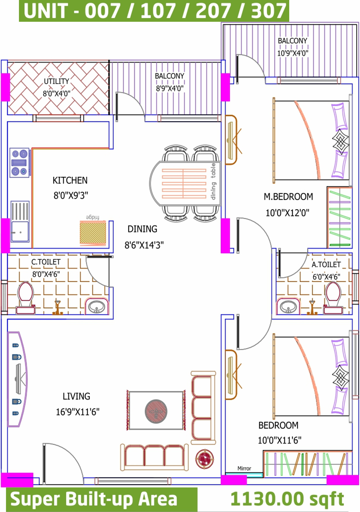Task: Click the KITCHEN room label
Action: pos(70,180)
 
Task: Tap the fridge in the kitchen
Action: pos(93,233)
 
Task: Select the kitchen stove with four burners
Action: pos(20,163)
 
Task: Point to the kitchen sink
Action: pos(20,221)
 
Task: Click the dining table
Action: pos(185,183)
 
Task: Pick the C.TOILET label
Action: pos(46,262)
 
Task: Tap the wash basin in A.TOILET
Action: pos(288,306)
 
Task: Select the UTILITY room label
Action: pos(56,81)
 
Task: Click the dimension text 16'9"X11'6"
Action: pos(77,412)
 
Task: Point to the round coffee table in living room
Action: pos(156,411)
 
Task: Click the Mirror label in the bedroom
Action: pos(244,468)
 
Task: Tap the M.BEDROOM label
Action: pos(288,197)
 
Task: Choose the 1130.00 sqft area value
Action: pos(287,499)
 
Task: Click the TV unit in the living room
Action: pos(17,379)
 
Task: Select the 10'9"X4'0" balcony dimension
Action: pos(293,53)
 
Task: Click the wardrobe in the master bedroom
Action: pos(340,217)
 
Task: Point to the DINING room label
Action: pos(142,229)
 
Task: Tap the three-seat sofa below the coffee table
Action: pos(154,457)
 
